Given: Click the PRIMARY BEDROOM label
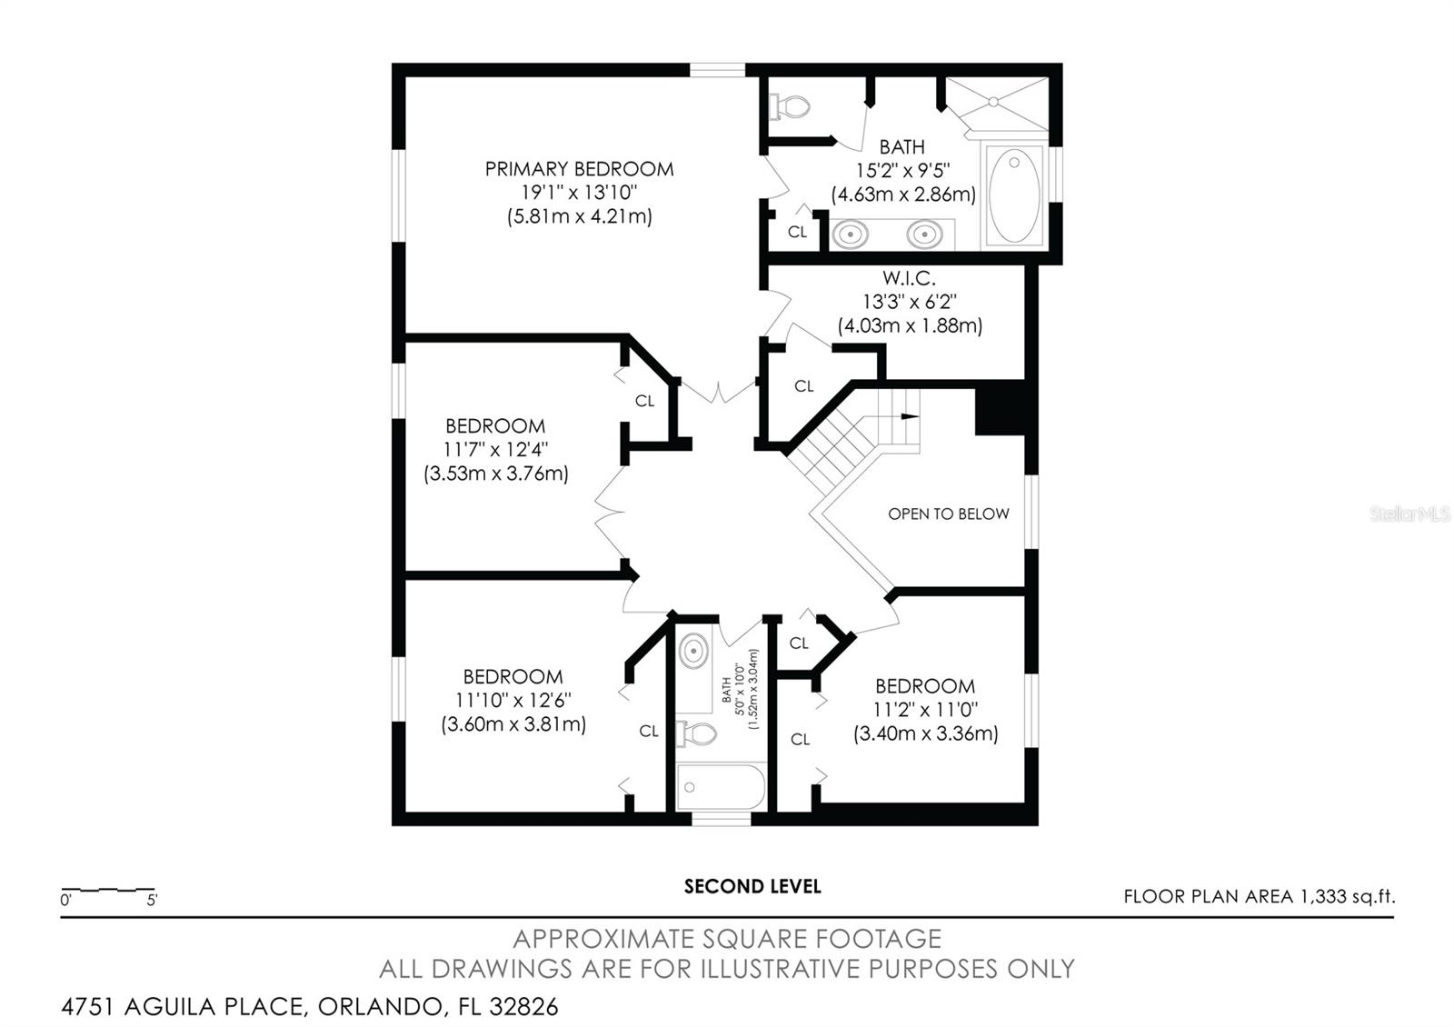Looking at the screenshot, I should [x=579, y=169].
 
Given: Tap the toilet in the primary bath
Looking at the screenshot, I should [x=790, y=107].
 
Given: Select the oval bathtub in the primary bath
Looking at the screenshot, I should [x=1013, y=195].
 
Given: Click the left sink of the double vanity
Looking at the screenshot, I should [x=850, y=234].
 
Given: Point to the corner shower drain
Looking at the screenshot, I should [x=993, y=102].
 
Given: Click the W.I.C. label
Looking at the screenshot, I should [x=909, y=278].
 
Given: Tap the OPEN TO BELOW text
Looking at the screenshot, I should [x=948, y=514].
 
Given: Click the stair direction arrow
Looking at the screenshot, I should [x=909, y=416].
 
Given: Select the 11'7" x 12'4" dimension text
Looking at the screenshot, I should [x=495, y=450].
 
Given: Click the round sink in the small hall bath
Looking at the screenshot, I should [x=694, y=652].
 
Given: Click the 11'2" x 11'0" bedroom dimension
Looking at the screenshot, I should [x=925, y=710].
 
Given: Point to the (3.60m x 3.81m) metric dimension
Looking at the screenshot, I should [x=513, y=724].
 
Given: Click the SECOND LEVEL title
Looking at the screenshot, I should [x=752, y=887].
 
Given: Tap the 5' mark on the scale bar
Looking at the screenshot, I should [x=152, y=901].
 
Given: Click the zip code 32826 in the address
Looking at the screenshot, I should [x=523, y=1007].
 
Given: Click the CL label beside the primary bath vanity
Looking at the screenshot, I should [x=797, y=233].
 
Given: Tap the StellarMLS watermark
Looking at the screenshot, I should [x=1409, y=514].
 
